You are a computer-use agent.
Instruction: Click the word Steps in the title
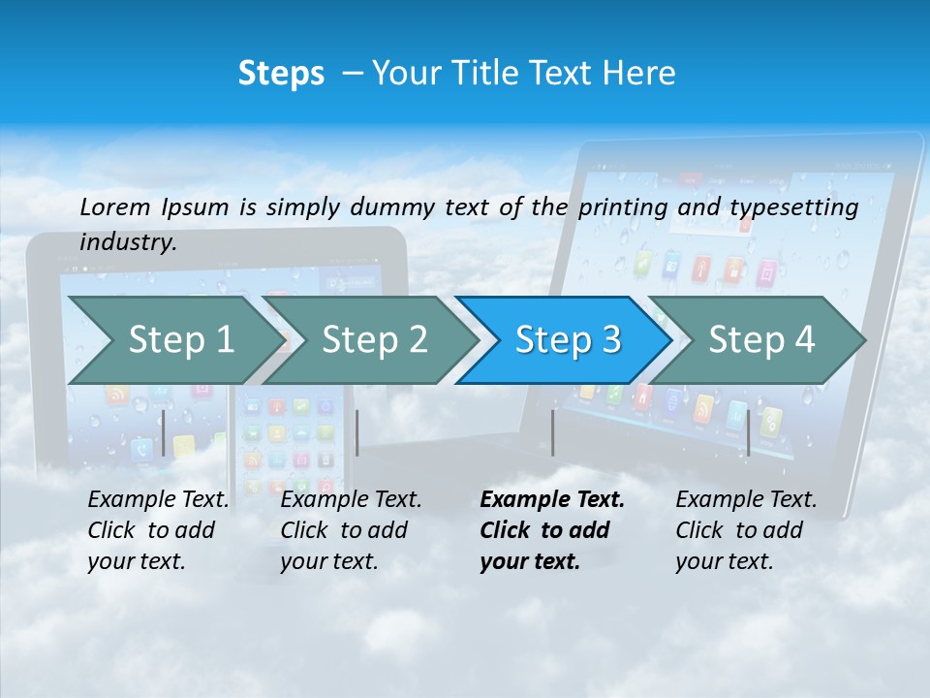click(x=281, y=74)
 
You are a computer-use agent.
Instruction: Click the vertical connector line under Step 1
click(x=164, y=432)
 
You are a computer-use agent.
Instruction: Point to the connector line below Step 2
click(x=357, y=432)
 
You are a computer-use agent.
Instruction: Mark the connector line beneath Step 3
click(x=553, y=432)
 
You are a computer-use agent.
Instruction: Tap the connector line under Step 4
click(x=748, y=432)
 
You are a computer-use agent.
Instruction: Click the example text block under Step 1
click(x=158, y=530)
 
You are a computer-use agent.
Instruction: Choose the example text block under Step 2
click(x=351, y=530)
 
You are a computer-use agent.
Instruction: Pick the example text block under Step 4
click(x=746, y=530)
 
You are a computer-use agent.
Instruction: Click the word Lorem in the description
click(x=115, y=206)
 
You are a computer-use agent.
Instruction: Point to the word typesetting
click(x=793, y=207)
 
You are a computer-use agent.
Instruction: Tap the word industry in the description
click(x=127, y=242)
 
